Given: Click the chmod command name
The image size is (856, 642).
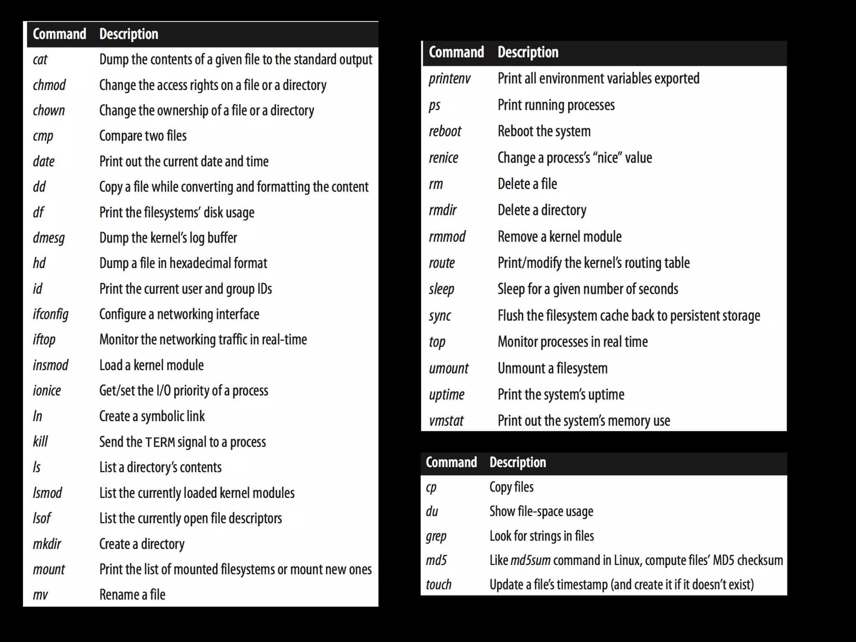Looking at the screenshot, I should click(x=49, y=85).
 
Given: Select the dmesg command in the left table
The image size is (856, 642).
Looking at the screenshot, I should click(x=49, y=238).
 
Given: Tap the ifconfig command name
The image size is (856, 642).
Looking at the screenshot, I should click(x=51, y=314).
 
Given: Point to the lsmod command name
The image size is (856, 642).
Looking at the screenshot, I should click(x=47, y=493).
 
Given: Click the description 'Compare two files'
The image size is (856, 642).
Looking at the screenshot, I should click(x=143, y=136).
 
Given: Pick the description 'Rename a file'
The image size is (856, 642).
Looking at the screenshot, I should click(x=132, y=594).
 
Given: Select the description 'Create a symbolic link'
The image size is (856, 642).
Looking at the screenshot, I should click(x=152, y=416).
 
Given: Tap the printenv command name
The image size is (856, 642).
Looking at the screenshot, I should click(x=450, y=79).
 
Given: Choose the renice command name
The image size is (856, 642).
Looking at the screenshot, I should click(x=443, y=158).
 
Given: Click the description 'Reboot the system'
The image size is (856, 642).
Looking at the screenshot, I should click(x=544, y=131).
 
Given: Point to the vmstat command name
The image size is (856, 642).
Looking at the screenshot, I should click(x=446, y=420).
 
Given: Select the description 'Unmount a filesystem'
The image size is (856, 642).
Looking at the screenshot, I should click(x=553, y=368).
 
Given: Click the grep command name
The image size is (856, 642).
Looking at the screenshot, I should click(x=436, y=536).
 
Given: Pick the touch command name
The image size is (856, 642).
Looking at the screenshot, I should click(x=438, y=584).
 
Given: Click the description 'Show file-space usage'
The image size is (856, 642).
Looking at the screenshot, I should click(x=541, y=512).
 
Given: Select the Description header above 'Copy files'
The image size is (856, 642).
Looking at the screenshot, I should click(x=518, y=462).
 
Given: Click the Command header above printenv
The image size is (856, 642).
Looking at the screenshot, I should click(x=456, y=52).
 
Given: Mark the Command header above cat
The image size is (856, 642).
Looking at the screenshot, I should click(x=59, y=34).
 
